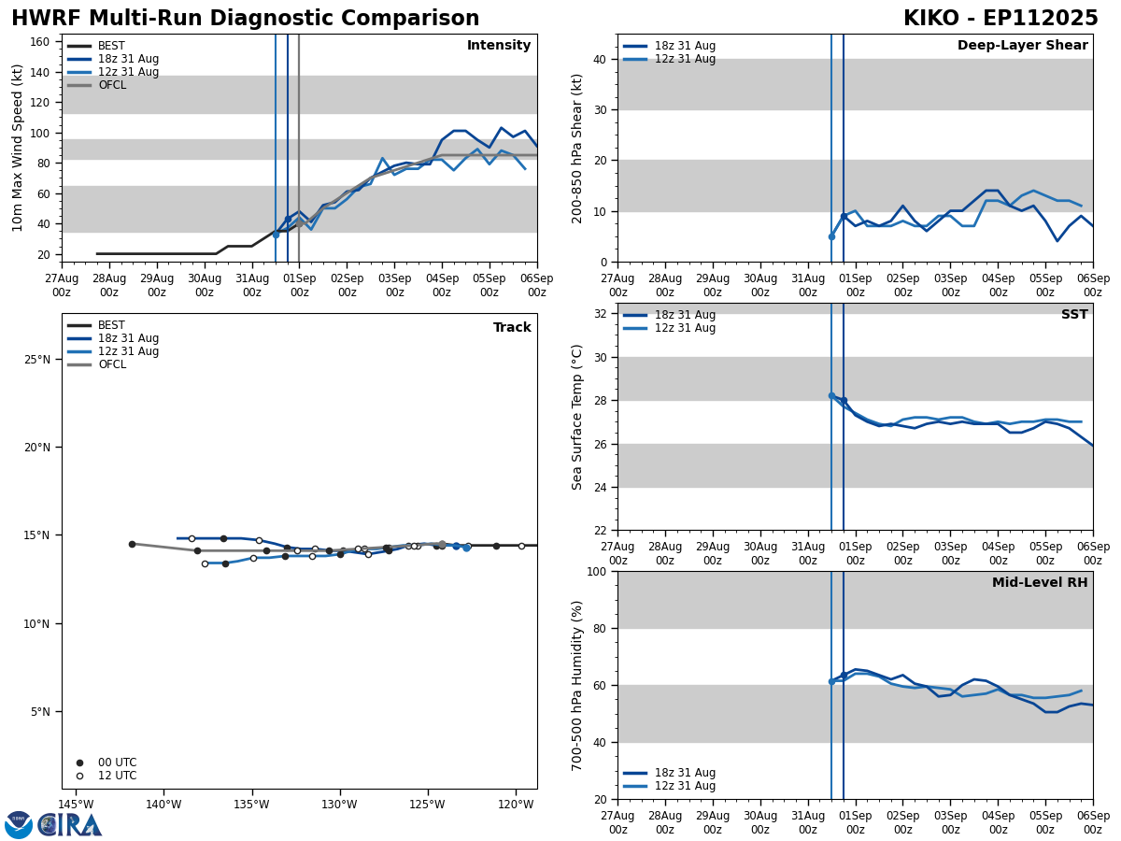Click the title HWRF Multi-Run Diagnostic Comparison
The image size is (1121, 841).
[x=245, y=19]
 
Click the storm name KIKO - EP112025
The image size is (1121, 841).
[x=1000, y=19]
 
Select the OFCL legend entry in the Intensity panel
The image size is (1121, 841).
[x=111, y=85]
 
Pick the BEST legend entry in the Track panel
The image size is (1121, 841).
[x=111, y=325]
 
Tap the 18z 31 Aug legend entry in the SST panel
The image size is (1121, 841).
[x=685, y=315]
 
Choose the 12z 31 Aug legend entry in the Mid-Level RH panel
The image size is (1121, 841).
[x=685, y=786]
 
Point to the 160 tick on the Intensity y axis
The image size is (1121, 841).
[x=40, y=42]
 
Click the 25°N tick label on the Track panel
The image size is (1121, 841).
[x=36, y=360]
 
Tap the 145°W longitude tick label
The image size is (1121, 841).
[x=77, y=805]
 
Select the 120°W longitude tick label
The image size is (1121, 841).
[x=516, y=805]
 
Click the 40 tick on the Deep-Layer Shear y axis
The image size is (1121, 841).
[x=599, y=59]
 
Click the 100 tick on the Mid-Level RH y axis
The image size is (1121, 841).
[x=595, y=571]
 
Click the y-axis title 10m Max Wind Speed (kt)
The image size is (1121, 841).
[x=18, y=148]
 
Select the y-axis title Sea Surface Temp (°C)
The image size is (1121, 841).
[x=577, y=417]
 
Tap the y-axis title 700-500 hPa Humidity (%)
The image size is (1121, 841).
[x=577, y=685]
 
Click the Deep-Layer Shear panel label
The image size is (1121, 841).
[x=1022, y=46]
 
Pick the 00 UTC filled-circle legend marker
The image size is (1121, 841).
[x=79, y=763]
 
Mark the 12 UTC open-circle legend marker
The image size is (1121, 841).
[x=79, y=776]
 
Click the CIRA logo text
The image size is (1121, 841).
[x=71, y=825]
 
